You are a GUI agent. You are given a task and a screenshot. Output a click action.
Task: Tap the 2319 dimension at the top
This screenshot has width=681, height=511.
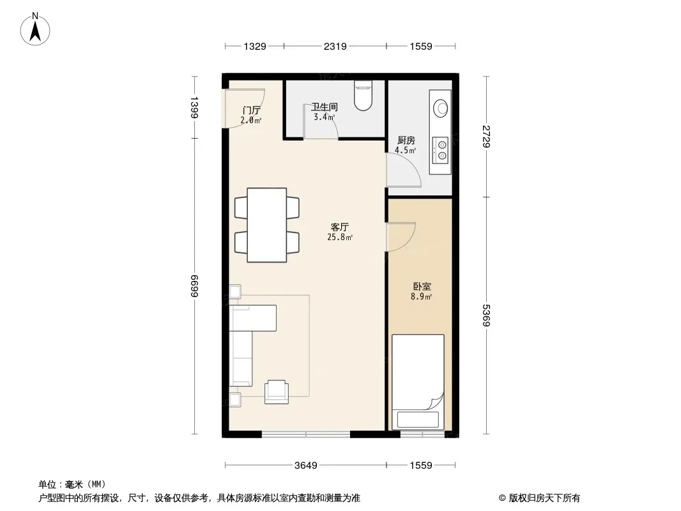335,46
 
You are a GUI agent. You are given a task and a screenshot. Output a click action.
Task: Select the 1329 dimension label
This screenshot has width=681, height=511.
254,46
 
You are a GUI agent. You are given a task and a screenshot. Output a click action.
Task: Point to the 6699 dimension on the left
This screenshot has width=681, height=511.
194,286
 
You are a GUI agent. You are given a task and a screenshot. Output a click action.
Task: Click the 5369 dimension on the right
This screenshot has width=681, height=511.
486,316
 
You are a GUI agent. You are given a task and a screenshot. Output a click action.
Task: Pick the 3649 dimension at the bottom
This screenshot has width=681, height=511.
306,466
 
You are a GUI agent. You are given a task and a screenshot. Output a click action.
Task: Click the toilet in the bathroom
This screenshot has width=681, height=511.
363,96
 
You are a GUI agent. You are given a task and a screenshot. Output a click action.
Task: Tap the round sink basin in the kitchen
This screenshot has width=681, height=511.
441,108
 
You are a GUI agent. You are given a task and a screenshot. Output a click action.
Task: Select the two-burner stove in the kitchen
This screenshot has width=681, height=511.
441,149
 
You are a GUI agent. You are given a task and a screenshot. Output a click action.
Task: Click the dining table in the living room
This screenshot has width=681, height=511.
266,225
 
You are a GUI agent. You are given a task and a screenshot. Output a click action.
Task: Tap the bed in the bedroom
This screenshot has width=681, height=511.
418,381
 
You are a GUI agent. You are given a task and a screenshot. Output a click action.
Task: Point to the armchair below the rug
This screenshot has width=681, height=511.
277,392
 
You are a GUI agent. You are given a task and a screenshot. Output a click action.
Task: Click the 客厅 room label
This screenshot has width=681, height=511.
340,227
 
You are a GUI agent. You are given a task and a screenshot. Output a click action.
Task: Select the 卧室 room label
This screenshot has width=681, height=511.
422,287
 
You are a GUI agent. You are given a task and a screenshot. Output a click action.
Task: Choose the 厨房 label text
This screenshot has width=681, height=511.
406,141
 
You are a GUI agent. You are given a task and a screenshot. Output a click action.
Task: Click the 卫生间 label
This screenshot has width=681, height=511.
325,107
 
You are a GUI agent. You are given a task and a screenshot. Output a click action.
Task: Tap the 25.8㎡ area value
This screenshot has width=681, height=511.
340,237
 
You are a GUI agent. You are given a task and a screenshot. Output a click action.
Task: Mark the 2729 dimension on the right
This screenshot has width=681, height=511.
486,136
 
